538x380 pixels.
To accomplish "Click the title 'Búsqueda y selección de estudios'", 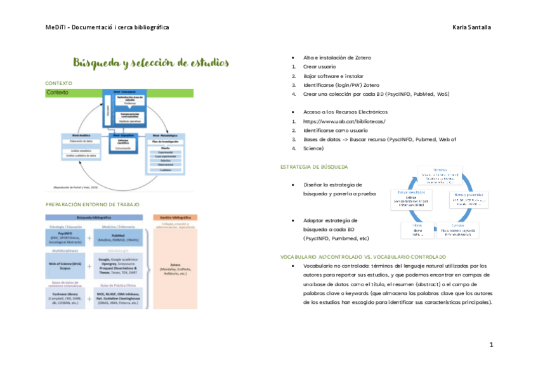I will click(x=150, y=63).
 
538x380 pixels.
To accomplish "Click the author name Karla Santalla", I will click(x=471, y=27).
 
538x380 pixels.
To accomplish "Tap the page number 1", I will click(x=490, y=344).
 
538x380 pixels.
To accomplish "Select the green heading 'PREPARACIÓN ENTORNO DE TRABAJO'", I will click(x=93, y=204).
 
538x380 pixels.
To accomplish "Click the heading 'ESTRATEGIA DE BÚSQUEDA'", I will click(x=313, y=167).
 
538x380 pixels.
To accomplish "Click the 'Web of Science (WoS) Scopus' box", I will click(x=66, y=266).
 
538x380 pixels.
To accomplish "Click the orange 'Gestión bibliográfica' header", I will click(x=175, y=217).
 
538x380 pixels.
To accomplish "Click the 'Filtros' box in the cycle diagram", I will click(x=417, y=230).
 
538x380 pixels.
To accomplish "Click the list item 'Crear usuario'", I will click(x=320, y=67).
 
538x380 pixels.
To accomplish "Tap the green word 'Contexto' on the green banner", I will click(x=58, y=93).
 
